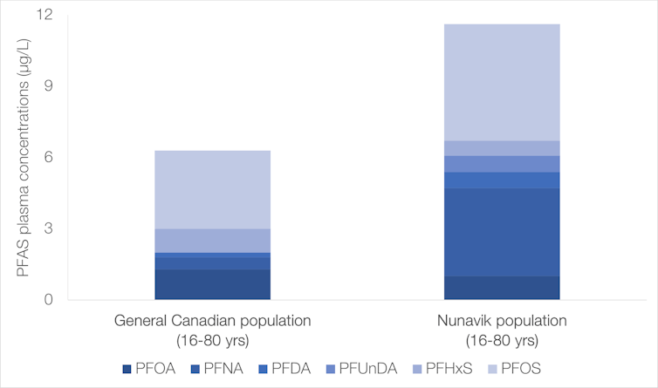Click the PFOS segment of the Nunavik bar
click(501, 82)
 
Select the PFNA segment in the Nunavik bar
click(501, 232)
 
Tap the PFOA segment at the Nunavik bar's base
click(501, 288)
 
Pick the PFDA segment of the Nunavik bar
click(501, 180)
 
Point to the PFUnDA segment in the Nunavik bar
click(501, 164)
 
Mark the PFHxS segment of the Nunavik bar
click(501, 148)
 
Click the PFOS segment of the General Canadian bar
click(212, 189)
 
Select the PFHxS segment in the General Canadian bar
click(212, 241)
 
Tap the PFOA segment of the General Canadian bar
click(212, 284)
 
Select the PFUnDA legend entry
click(378, 368)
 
